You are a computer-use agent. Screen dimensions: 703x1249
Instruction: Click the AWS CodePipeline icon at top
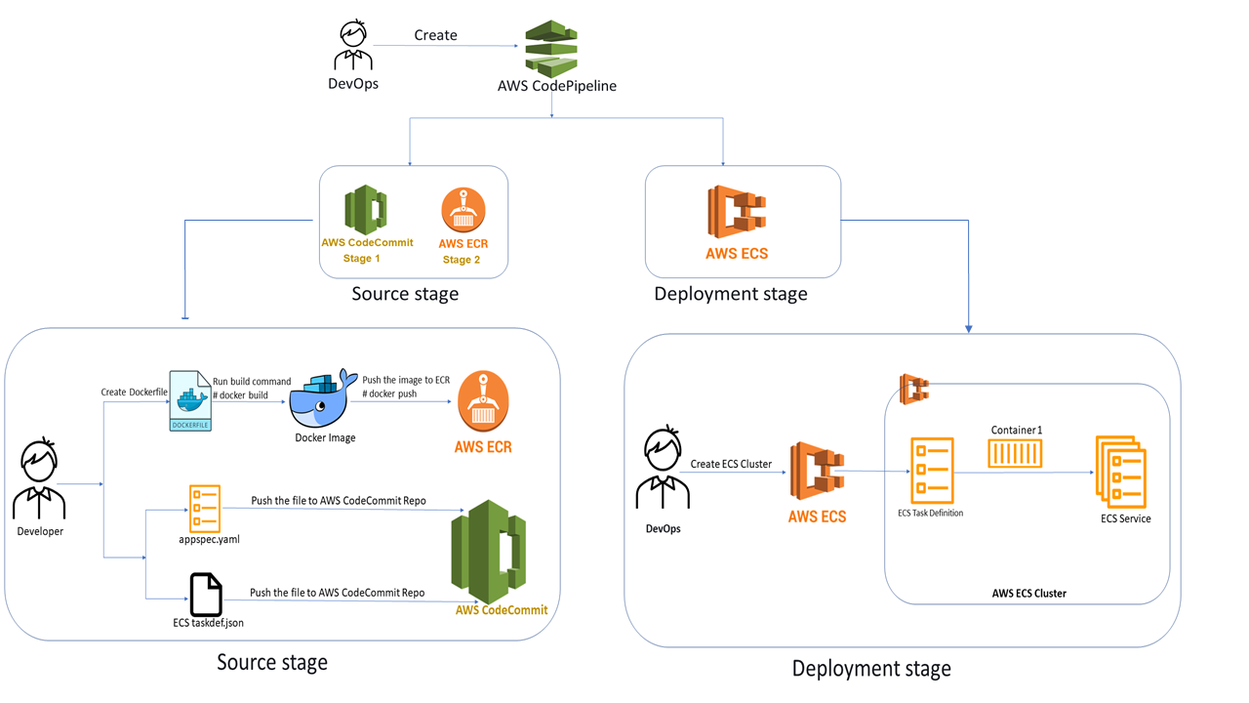(551, 48)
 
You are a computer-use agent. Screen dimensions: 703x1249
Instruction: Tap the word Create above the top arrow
(435, 35)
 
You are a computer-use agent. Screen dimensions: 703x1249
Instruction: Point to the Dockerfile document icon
(190, 400)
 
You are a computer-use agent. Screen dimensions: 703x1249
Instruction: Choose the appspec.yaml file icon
(205, 509)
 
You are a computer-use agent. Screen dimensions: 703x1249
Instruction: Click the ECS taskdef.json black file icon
(205, 594)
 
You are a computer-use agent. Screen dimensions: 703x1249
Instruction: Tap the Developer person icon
(39, 480)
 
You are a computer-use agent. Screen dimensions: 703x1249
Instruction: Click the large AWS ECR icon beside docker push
(483, 401)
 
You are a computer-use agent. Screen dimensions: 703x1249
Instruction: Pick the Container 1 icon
(1015, 453)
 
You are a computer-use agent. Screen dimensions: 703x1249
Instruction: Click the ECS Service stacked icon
(1121, 472)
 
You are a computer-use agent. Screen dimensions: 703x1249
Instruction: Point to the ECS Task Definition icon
(931, 471)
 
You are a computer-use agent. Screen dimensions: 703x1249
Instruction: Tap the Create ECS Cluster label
(731, 464)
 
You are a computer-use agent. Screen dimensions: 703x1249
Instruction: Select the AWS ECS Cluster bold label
(1028, 593)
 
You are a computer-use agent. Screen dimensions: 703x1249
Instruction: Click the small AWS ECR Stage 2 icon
(463, 209)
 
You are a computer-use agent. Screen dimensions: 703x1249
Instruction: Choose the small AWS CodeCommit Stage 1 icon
(366, 209)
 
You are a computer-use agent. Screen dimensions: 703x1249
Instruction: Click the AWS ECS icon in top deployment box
(736, 211)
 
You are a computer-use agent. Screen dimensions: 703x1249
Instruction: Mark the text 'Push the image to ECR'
(406, 380)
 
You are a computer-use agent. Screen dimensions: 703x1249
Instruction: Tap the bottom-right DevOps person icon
(663, 471)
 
